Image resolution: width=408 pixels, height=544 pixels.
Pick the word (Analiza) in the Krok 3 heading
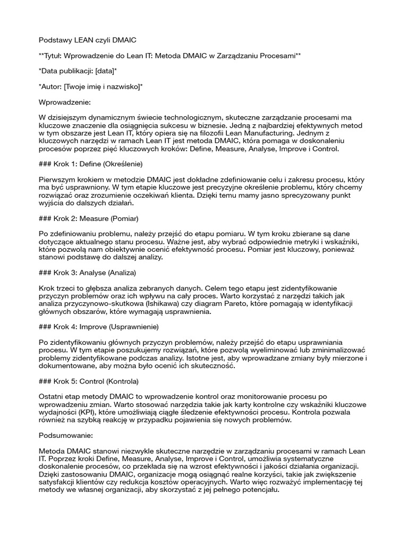pos(122,273)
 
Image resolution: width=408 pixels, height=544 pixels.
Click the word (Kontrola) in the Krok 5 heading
pos(122,381)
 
